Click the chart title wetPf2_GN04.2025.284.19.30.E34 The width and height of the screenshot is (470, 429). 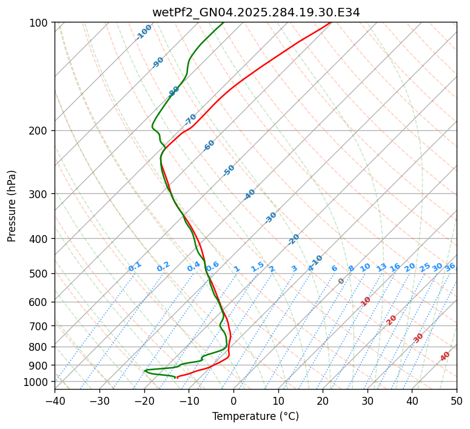click(255, 12)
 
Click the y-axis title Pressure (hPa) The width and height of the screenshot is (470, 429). click(12, 206)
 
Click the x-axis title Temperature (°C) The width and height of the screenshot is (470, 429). click(255, 417)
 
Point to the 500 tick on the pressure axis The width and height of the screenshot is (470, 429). click(40, 274)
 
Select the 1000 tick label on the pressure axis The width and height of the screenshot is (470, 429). click(38, 382)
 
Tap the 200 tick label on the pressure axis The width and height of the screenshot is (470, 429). click(40, 131)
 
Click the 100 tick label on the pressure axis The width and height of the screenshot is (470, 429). click(40, 23)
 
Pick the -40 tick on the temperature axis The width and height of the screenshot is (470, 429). click(55, 401)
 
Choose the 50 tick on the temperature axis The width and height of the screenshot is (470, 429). click(457, 401)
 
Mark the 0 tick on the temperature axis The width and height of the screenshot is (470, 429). click(233, 401)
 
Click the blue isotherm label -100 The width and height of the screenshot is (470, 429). click(144, 32)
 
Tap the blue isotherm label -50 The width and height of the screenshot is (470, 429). click(229, 170)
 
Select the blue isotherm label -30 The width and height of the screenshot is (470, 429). click(271, 217)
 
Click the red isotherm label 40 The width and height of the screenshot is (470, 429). click(445, 356)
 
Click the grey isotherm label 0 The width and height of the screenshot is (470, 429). click(341, 281)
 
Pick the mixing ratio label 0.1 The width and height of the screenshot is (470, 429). click(135, 266)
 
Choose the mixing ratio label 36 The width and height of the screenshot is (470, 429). click(450, 267)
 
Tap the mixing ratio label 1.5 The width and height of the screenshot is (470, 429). click(257, 266)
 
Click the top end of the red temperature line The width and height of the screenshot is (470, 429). click(331, 22)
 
